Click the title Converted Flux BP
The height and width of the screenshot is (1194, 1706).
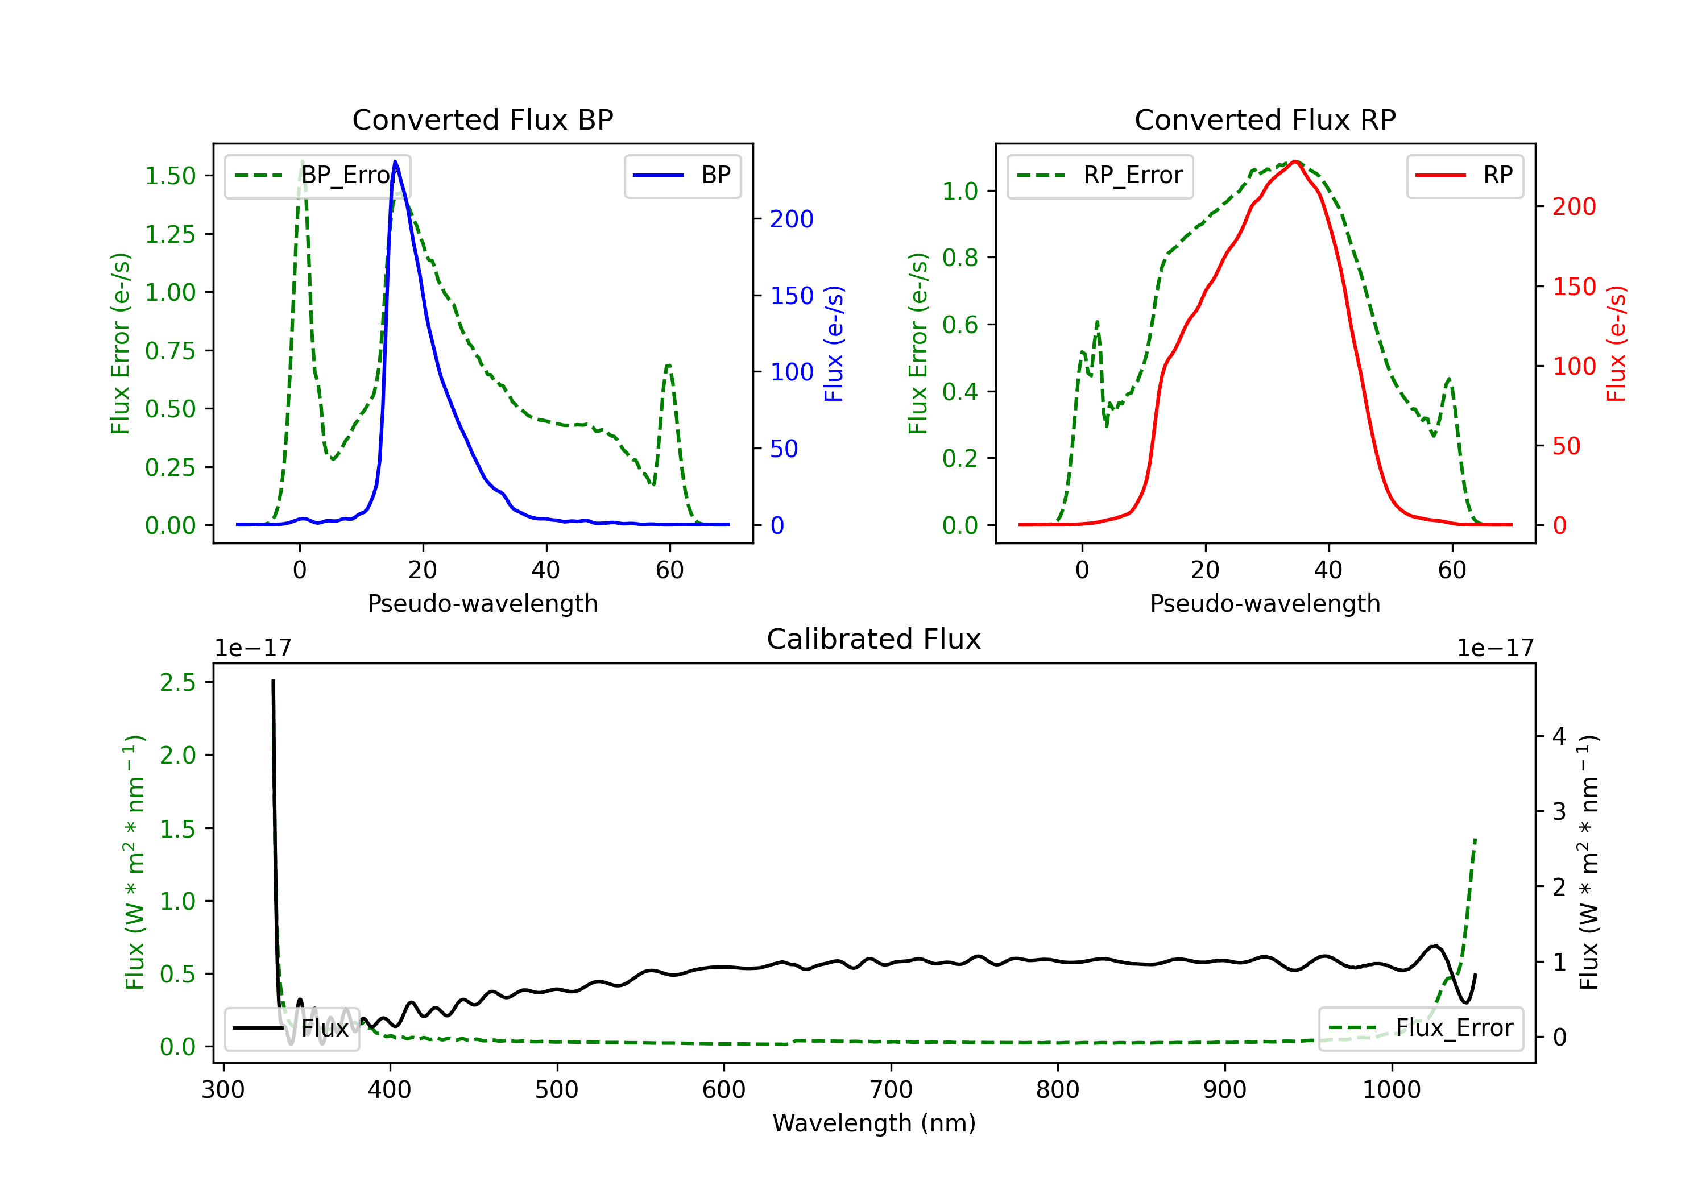482,119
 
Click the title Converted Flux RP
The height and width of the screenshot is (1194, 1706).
1265,119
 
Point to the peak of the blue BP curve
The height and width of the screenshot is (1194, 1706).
395,161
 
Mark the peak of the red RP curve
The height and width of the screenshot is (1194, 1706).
1294,161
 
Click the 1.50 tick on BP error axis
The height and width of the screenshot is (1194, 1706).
170,176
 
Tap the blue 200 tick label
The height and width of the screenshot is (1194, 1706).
792,219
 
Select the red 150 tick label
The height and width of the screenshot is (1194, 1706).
1574,287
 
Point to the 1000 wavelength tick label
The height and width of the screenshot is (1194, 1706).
1391,1090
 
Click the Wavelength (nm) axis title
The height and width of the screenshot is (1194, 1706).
874,1123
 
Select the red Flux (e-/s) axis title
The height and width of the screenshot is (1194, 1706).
1617,343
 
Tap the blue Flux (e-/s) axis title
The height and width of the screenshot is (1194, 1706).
834,343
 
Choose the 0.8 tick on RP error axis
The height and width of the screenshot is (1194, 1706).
959,258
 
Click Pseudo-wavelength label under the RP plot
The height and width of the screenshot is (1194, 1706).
1265,603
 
